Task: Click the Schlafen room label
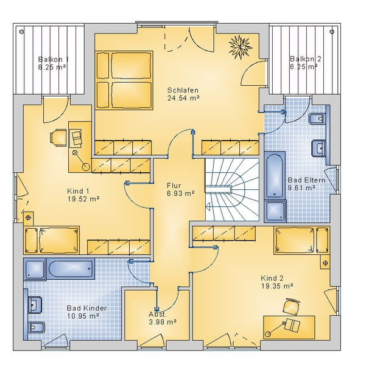coord(183,90)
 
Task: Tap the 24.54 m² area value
coord(183,98)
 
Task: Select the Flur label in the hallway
coord(174,186)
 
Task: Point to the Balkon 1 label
coord(53,59)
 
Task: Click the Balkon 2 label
coord(306,58)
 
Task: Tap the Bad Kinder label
coord(86,308)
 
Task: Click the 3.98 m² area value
coord(163,322)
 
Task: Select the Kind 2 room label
coord(272,278)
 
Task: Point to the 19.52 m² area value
coord(83,199)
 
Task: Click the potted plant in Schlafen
coord(241,47)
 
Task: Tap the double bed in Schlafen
coord(124,80)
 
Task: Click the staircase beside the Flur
coord(232,190)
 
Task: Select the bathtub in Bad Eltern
coord(275,175)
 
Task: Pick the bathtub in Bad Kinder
coord(71,269)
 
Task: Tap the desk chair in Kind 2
coord(291,305)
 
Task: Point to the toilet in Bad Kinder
coord(36,327)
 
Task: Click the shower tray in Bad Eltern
coord(275,211)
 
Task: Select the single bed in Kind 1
coord(51,240)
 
